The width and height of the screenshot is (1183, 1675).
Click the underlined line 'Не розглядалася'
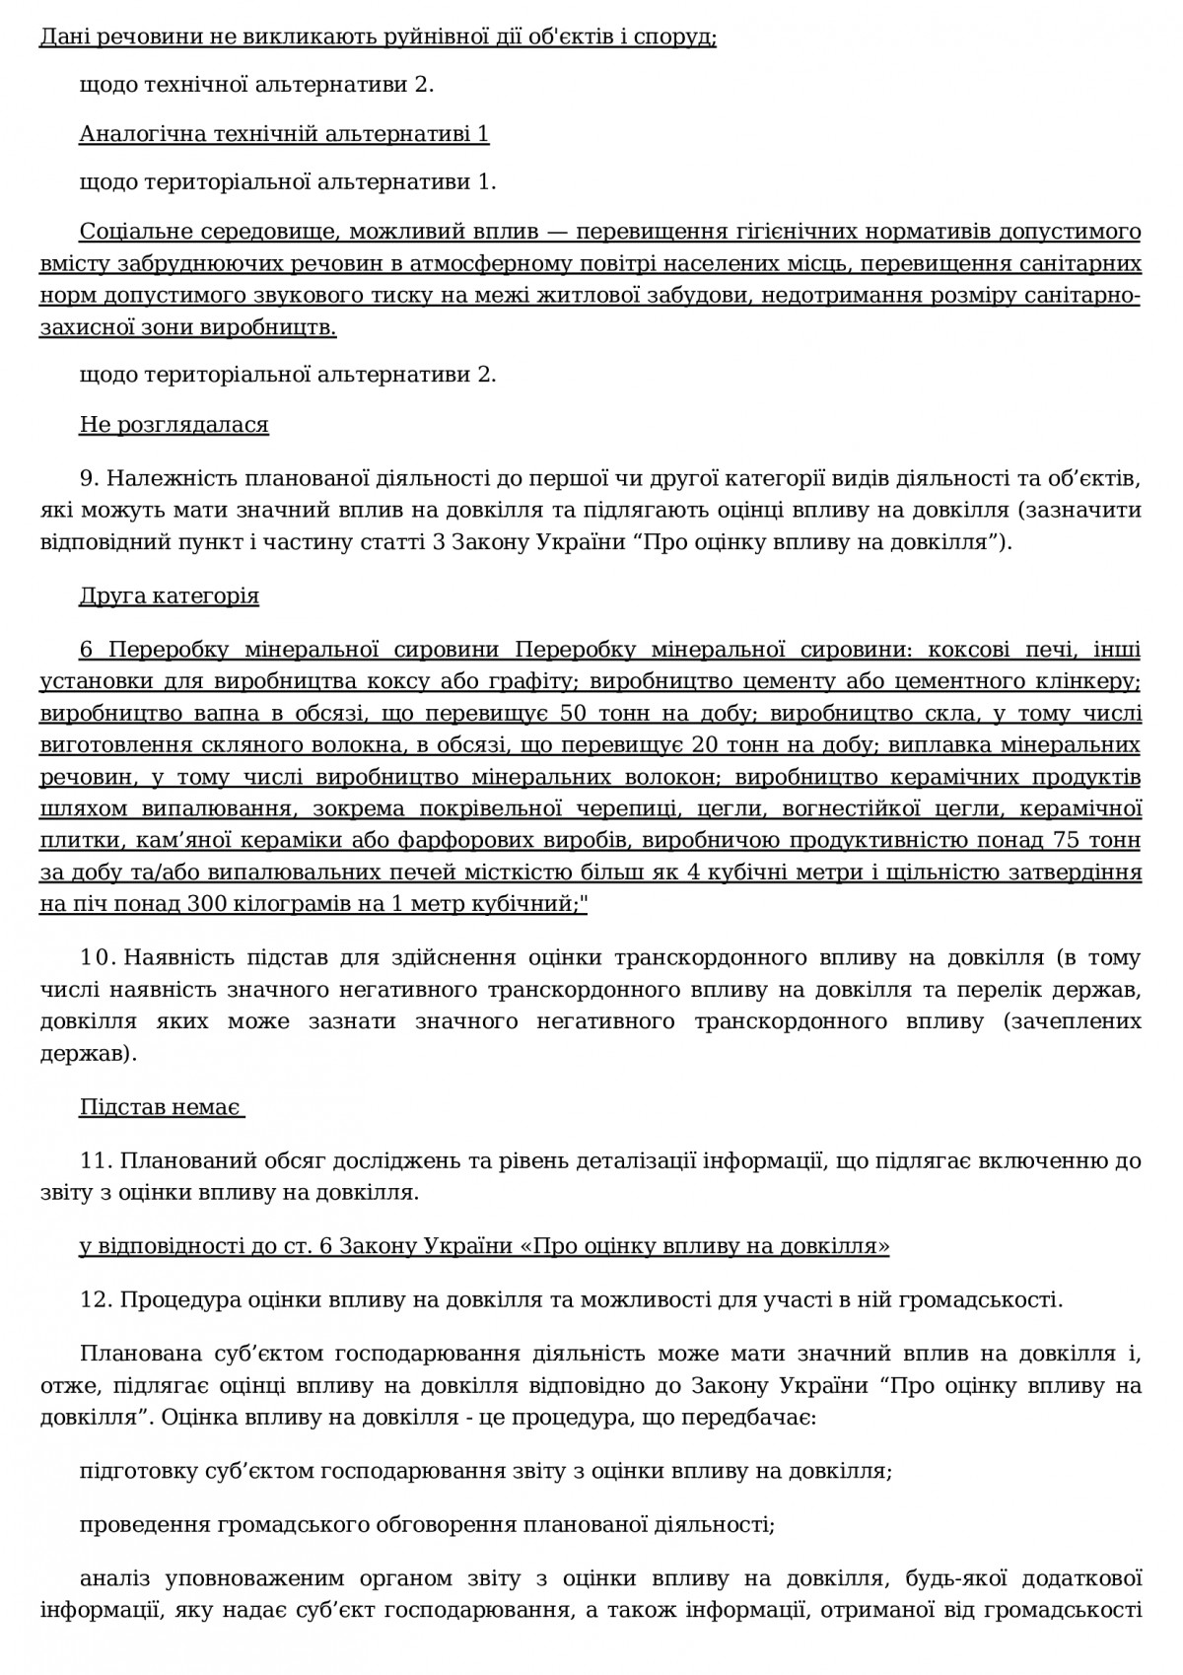tap(174, 425)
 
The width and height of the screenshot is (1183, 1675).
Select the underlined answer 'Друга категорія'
tap(169, 596)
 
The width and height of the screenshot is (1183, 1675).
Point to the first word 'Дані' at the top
tap(62, 37)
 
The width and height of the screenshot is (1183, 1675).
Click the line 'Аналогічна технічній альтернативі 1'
tap(284, 133)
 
